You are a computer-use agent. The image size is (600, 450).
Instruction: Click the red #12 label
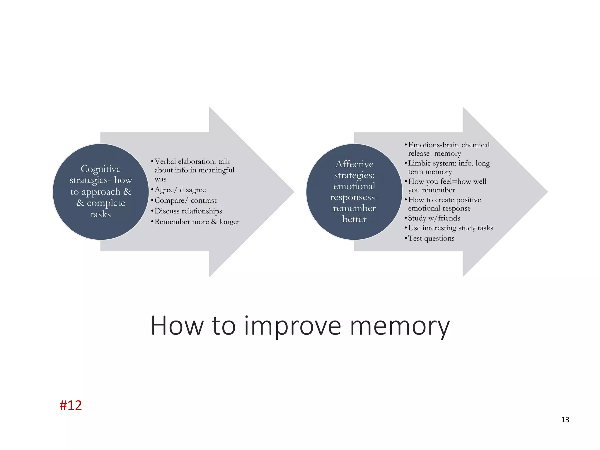click(x=71, y=405)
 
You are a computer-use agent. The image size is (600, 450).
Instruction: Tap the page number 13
click(x=565, y=420)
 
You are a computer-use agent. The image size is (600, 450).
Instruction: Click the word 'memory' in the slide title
click(x=400, y=326)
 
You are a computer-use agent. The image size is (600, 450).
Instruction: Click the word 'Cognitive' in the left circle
click(x=100, y=169)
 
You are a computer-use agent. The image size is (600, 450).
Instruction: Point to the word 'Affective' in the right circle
click(x=354, y=164)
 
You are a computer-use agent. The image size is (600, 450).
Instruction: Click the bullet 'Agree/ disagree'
click(x=180, y=190)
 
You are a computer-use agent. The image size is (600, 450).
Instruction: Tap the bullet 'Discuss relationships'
click(x=188, y=211)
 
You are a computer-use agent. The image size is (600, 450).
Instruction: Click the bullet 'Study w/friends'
click(x=434, y=218)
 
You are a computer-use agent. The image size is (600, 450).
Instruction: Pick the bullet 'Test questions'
click(x=431, y=238)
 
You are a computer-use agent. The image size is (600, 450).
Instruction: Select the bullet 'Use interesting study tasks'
click(x=450, y=228)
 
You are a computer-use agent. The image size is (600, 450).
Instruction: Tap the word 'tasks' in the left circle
click(x=101, y=214)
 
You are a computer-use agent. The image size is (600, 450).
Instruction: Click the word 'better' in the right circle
click(x=354, y=219)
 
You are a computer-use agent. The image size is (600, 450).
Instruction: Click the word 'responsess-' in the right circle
click(x=354, y=197)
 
